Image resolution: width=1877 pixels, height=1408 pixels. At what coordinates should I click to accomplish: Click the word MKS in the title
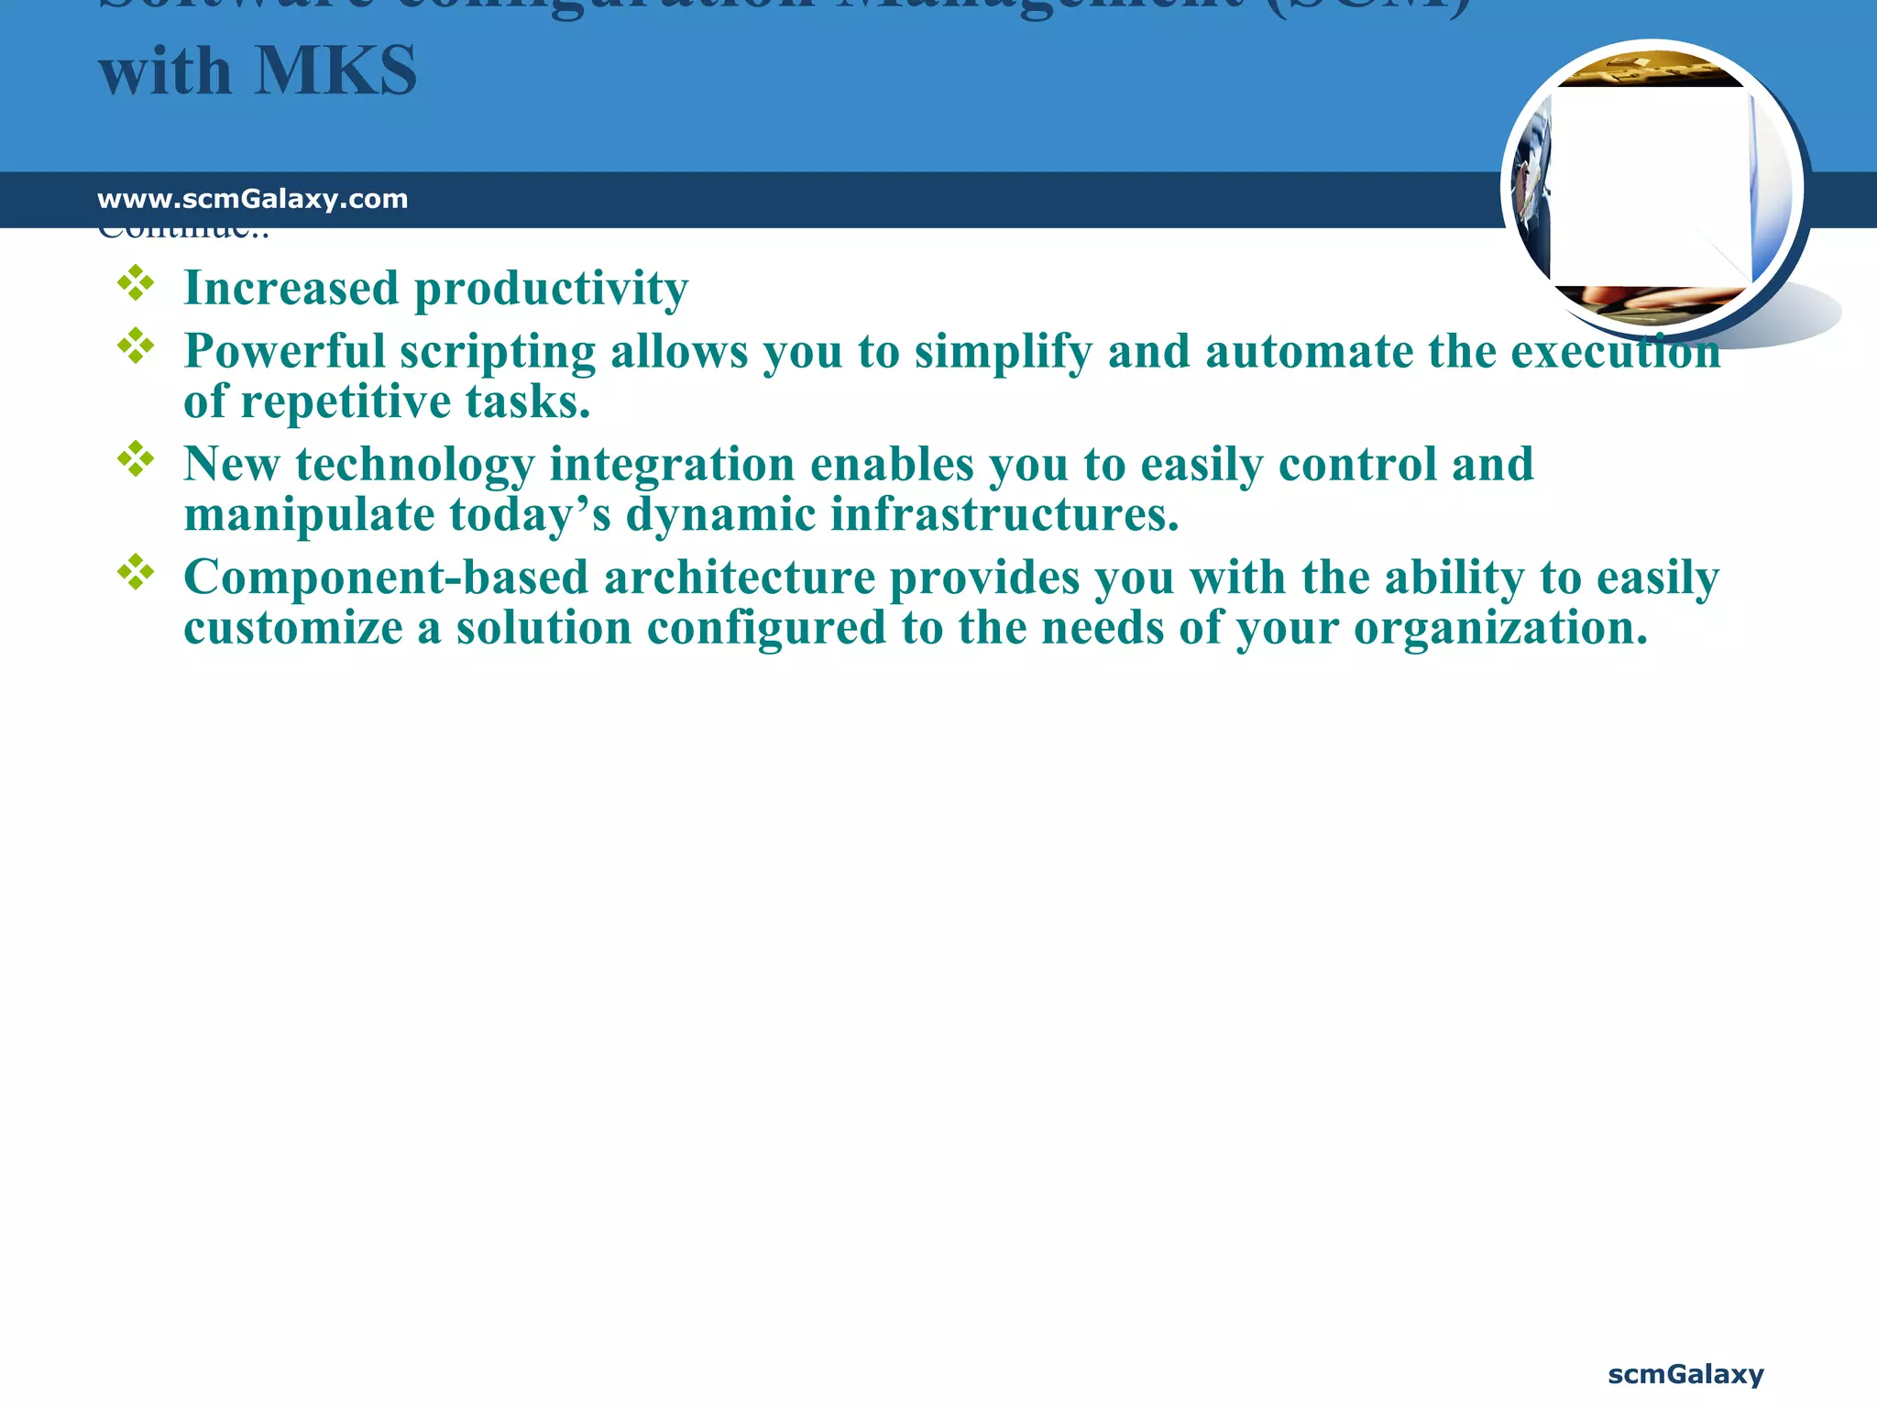tap(335, 71)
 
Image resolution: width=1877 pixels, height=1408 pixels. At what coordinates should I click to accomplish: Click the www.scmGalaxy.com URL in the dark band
tap(252, 199)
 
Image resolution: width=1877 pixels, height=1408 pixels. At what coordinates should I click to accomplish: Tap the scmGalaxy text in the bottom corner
tap(1685, 1374)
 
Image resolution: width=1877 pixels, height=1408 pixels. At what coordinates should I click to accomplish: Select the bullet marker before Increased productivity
tap(136, 283)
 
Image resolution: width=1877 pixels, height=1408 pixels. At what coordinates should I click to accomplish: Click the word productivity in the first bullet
tap(551, 290)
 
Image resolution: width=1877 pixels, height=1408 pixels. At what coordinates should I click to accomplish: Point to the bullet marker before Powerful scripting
tap(136, 346)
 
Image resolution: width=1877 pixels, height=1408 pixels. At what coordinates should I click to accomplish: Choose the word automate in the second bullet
tap(1308, 351)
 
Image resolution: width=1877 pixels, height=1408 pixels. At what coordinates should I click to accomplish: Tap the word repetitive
tap(346, 401)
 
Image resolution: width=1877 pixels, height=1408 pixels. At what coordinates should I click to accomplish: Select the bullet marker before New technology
tap(136, 459)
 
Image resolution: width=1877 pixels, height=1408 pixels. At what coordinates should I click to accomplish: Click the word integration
tap(671, 465)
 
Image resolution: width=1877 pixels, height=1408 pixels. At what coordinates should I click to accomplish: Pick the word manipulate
tap(309, 514)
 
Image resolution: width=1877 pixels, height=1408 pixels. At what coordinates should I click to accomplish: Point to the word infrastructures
tap(1004, 514)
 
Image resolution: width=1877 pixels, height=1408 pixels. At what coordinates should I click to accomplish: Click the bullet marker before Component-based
tap(136, 572)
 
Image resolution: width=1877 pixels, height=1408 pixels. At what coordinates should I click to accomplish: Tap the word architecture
tap(739, 577)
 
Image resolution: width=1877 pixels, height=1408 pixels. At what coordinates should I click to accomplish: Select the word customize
tap(293, 628)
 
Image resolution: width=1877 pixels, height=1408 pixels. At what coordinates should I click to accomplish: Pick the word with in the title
tap(165, 71)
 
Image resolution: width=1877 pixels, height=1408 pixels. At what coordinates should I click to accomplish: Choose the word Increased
tap(291, 288)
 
